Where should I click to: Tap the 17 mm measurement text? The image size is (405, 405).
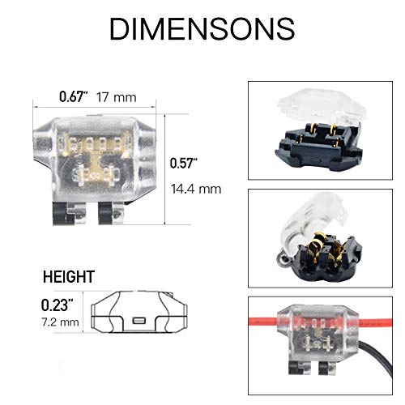click(116, 97)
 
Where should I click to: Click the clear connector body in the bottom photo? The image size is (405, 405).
click(316, 332)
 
